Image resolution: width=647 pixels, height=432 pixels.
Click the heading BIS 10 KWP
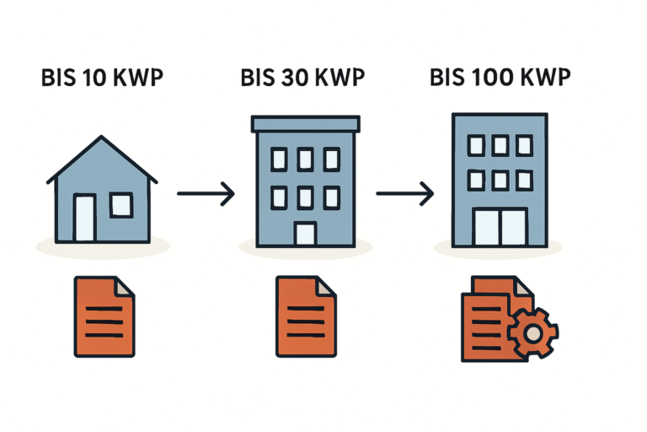[x=102, y=78]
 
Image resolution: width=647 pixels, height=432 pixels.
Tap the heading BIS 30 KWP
[x=302, y=78]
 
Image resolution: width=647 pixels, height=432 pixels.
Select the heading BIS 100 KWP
[x=500, y=78]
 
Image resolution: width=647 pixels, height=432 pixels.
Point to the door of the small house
[x=85, y=219]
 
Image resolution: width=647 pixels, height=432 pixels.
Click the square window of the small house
[x=121, y=205]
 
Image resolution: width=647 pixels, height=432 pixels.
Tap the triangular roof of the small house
[x=102, y=160]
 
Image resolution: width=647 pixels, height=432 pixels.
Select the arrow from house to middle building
[x=206, y=194]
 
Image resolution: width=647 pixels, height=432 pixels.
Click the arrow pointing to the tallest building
[x=405, y=194]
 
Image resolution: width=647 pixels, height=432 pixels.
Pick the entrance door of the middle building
[x=305, y=233]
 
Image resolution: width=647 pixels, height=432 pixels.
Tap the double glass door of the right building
[x=500, y=226]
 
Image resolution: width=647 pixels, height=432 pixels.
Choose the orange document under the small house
[x=103, y=316]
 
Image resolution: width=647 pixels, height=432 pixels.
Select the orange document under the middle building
[x=305, y=316]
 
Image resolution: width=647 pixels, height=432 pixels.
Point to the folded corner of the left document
[x=125, y=287]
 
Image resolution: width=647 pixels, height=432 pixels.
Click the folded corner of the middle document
[x=327, y=287]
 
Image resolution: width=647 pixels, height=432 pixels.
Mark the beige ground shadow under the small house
[x=103, y=246]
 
